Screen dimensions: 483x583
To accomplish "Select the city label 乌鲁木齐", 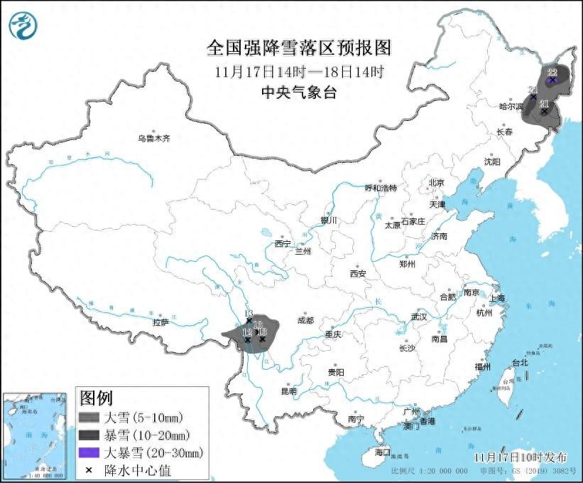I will click(154, 138).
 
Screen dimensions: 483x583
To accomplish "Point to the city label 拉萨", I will click(160, 322).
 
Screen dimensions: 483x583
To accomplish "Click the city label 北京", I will click(436, 183).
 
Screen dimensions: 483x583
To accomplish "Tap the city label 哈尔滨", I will click(510, 107).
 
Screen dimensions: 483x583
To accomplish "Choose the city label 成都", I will click(306, 320).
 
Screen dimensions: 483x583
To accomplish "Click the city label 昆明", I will click(288, 391).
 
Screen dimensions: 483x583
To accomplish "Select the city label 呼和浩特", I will click(381, 188).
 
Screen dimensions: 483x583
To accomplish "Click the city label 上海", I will click(496, 297).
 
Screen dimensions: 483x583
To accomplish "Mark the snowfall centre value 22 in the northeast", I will click(552, 73).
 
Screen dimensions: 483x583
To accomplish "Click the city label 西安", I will click(357, 274).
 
